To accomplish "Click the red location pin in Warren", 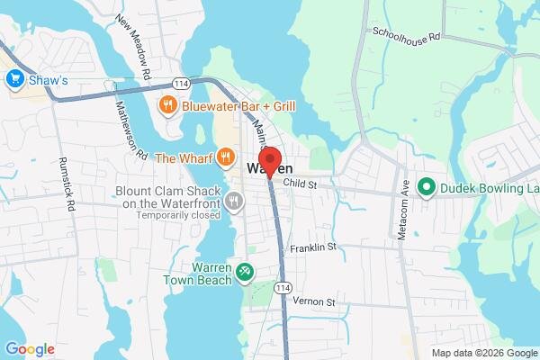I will coord(268,164).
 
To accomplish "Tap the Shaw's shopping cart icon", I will coord(13,79).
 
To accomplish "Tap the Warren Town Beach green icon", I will coord(244,270).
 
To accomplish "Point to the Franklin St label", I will coord(313,246).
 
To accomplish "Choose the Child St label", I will coord(301,184).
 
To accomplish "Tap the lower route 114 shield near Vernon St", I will coord(283,286).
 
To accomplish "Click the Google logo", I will coord(30,349).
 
